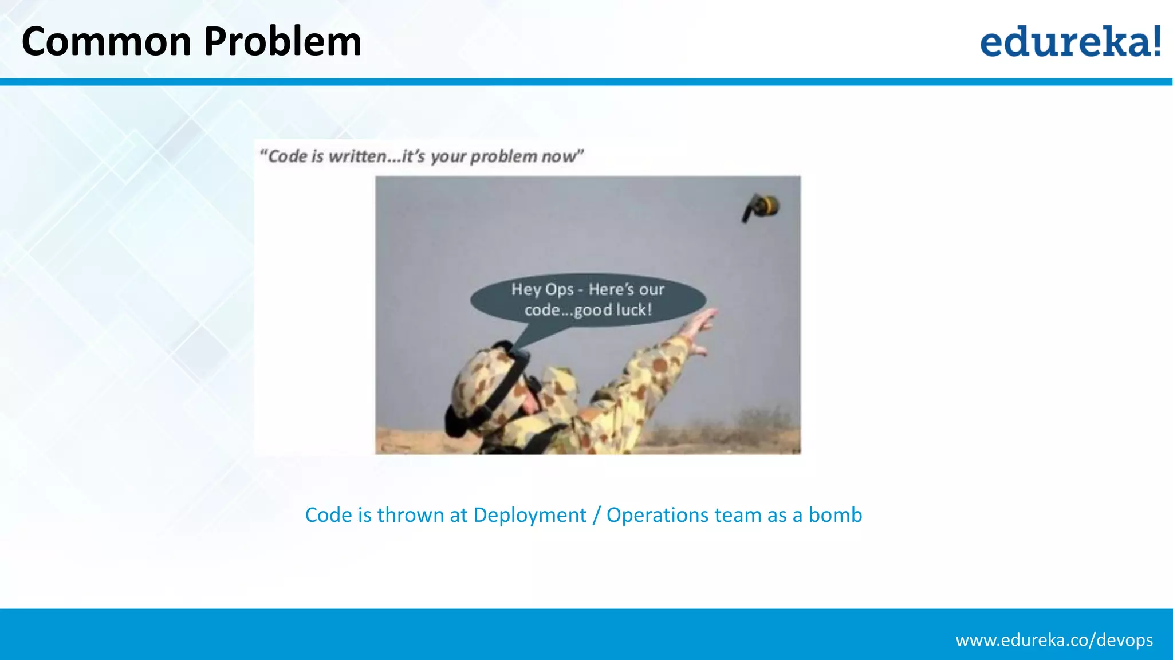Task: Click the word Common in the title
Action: coord(107,42)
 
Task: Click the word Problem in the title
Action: coord(282,42)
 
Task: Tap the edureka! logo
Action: coord(1070,42)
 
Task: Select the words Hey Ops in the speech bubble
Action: coord(542,289)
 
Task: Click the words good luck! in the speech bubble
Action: coord(613,310)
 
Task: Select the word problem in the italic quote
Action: coord(503,156)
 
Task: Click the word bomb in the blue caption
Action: coord(835,515)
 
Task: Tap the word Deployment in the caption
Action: coord(530,515)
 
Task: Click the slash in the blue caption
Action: coord(596,515)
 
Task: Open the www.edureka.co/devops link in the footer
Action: coord(1054,640)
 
